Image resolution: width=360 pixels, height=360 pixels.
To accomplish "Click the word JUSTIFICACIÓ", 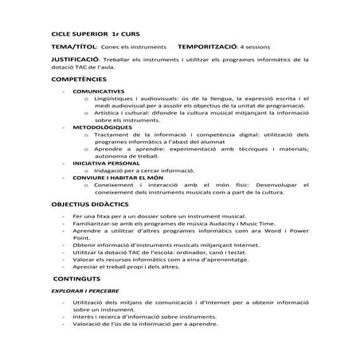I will (76, 59).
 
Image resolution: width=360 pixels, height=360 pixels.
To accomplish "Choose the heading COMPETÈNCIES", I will (84, 80).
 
